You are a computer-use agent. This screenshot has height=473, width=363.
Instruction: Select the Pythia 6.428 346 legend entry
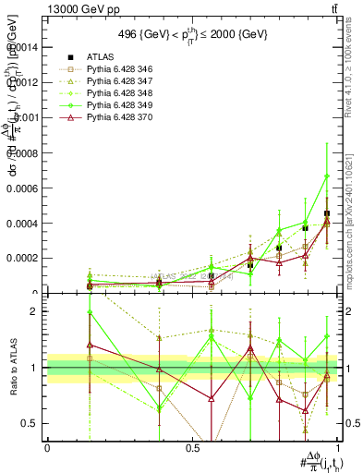pos(119,69)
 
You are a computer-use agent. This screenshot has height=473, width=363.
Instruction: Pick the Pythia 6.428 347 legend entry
pos(119,81)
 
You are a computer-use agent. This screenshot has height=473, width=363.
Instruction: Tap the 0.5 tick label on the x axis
pos(192,448)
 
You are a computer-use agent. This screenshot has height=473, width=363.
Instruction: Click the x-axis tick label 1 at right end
pos(339,448)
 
